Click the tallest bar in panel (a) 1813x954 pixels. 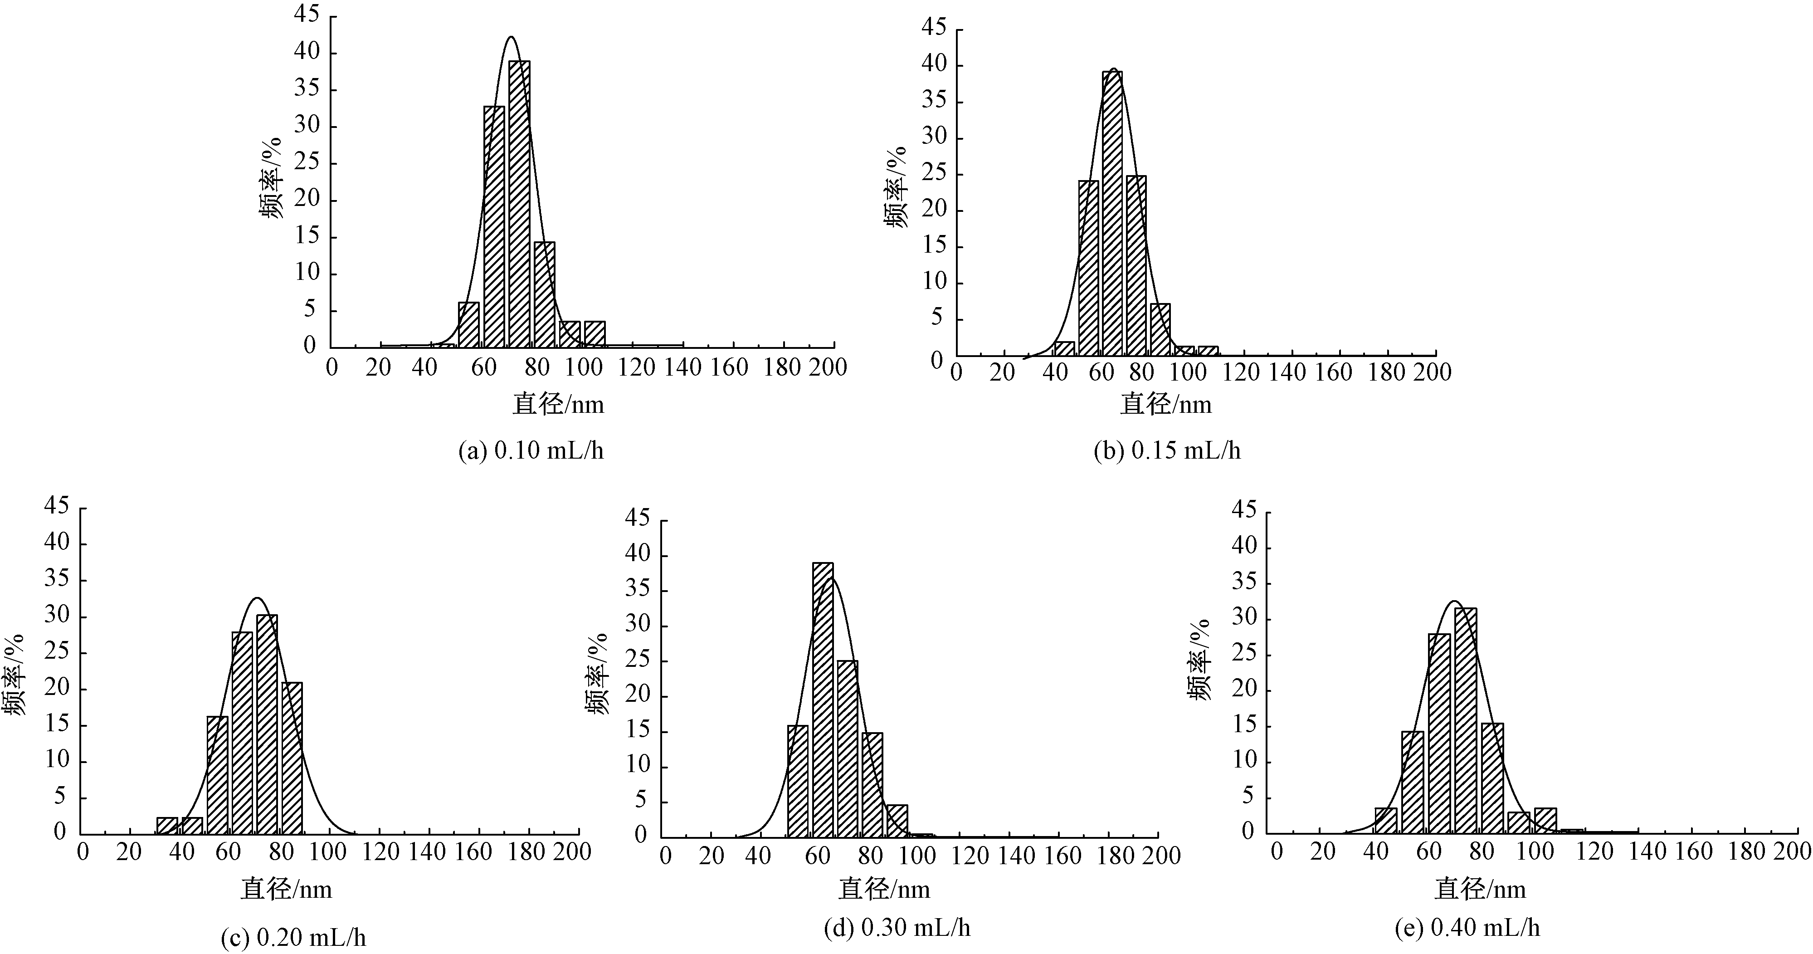pyautogui.click(x=519, y=204)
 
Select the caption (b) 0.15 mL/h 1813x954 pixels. pyautogui.click(x=1167, y=450)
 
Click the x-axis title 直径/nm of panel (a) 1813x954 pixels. pyautogui.click(x=558, y=404)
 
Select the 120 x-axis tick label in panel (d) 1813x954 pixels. pyautogui.click(x=970, y=856)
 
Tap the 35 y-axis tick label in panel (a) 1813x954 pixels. pyautogui.click(x=307, y=89)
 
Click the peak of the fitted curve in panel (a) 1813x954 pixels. pyautogui.click(x=511, y=37)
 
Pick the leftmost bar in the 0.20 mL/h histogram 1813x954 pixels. pyautogui.click(x=167, y=825)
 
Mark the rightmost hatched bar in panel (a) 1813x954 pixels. pyautogui.click(x=595, y=334)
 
